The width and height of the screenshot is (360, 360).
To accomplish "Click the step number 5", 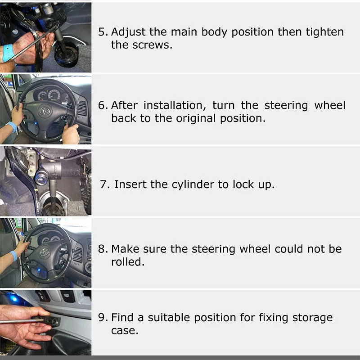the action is pyautogui.click(x=103, y=32).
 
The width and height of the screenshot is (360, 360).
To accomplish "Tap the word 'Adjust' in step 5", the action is pyautogui.click(x=128, y=32).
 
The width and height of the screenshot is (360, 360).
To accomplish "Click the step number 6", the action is pyautogui.click(x=103, y=105).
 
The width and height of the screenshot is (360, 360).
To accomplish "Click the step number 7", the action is pyautogui.click(x=105, y=184).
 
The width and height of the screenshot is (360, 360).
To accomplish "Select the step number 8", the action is pyautogui.click(x=103, y=249).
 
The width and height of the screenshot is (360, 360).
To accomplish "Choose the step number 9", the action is pyautogui.click(x=103, y=318).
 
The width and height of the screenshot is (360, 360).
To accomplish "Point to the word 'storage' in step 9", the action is pyautogui.click(x=312, y=318).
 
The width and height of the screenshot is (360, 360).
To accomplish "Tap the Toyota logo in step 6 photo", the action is pyautogui.click(x=45, y=111).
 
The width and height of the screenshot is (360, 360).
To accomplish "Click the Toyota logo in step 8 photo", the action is pyautogui.click(x=44, y=252).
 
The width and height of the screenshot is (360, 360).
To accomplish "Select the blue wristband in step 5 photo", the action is pyautogui.click(x=7, y=53).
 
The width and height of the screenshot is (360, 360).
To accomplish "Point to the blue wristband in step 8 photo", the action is pyautogui.click(x=14, y=255).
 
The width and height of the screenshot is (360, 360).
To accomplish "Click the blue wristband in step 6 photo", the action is pyautogui.click(x=12, y=127).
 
